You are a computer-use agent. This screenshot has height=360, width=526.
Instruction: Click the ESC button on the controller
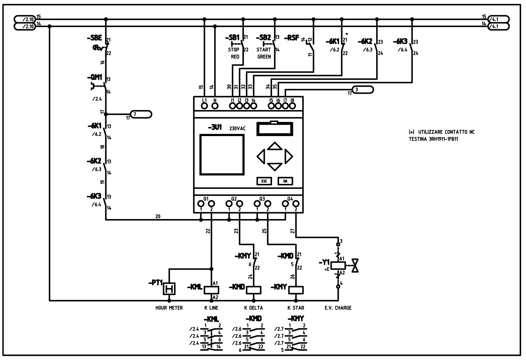point(264,181)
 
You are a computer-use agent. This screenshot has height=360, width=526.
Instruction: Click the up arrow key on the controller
point(275,145)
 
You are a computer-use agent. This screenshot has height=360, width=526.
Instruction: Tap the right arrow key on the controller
point(289,156)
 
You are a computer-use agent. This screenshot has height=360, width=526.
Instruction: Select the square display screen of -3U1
point(222,155)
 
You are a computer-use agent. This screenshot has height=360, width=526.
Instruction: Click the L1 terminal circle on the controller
point(205,106)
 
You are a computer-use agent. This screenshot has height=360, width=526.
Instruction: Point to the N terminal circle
point(215,106)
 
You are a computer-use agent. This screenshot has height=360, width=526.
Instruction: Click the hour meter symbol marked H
point(170,289)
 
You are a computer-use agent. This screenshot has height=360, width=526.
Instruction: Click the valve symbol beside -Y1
point(355,266)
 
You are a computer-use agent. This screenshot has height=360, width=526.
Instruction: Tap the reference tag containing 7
point(141,114)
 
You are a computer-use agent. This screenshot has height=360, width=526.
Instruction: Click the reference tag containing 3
point(363,90)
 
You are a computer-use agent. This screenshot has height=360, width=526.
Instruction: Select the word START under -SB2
point(264,50)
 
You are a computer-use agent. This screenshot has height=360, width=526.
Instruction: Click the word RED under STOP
point(235,57)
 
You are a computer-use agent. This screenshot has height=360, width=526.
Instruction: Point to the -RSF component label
point(291,38)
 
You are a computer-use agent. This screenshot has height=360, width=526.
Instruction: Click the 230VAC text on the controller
point(237,128)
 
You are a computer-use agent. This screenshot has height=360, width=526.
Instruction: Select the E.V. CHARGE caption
point(338,308)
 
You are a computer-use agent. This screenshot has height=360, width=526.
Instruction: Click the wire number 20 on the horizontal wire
point(158,216)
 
